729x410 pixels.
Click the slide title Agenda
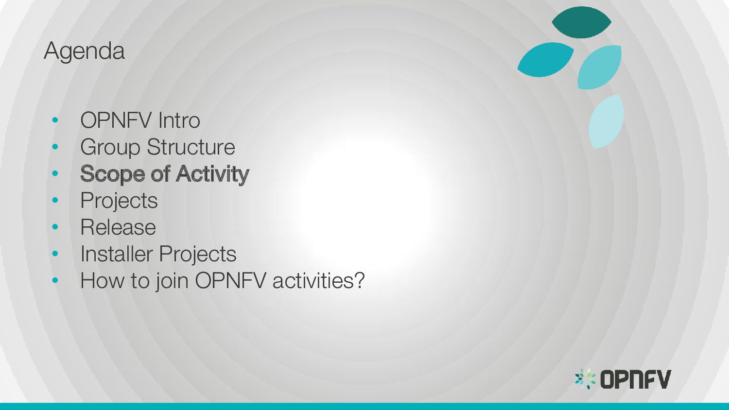(84, 51)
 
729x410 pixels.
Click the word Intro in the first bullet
(179, 120)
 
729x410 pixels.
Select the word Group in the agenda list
(110, 148)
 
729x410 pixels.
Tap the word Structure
(191, 147)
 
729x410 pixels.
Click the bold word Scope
(112, 174)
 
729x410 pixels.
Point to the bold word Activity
(212, 174)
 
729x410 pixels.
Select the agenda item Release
(118, 227)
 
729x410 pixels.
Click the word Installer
(117, 254)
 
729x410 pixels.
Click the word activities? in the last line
(318, 280)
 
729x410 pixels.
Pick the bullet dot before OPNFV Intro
(55, 120)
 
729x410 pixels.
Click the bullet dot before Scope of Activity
(55, 173)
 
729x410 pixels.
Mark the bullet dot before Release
(55, 227)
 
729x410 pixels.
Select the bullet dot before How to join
(55, 280)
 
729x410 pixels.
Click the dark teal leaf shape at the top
(581, 22)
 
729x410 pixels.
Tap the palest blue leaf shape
(606, 121)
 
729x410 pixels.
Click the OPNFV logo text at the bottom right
(636, 379)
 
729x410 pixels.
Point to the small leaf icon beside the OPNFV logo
(586, 379)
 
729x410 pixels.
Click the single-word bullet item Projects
(119, 201)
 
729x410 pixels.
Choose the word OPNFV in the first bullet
(116, 120)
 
